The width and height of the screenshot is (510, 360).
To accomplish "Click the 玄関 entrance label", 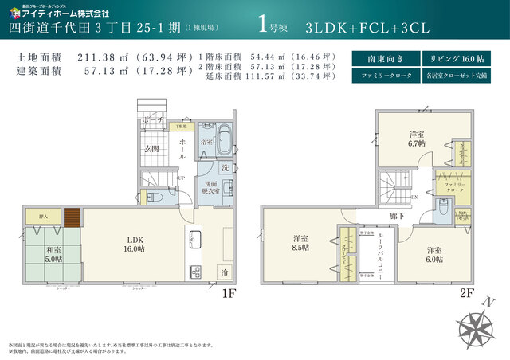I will pos(151,149).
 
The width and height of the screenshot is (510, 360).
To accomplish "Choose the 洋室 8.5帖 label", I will pos(300,242).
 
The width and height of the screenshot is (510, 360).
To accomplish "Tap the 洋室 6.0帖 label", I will pos(433,254).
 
